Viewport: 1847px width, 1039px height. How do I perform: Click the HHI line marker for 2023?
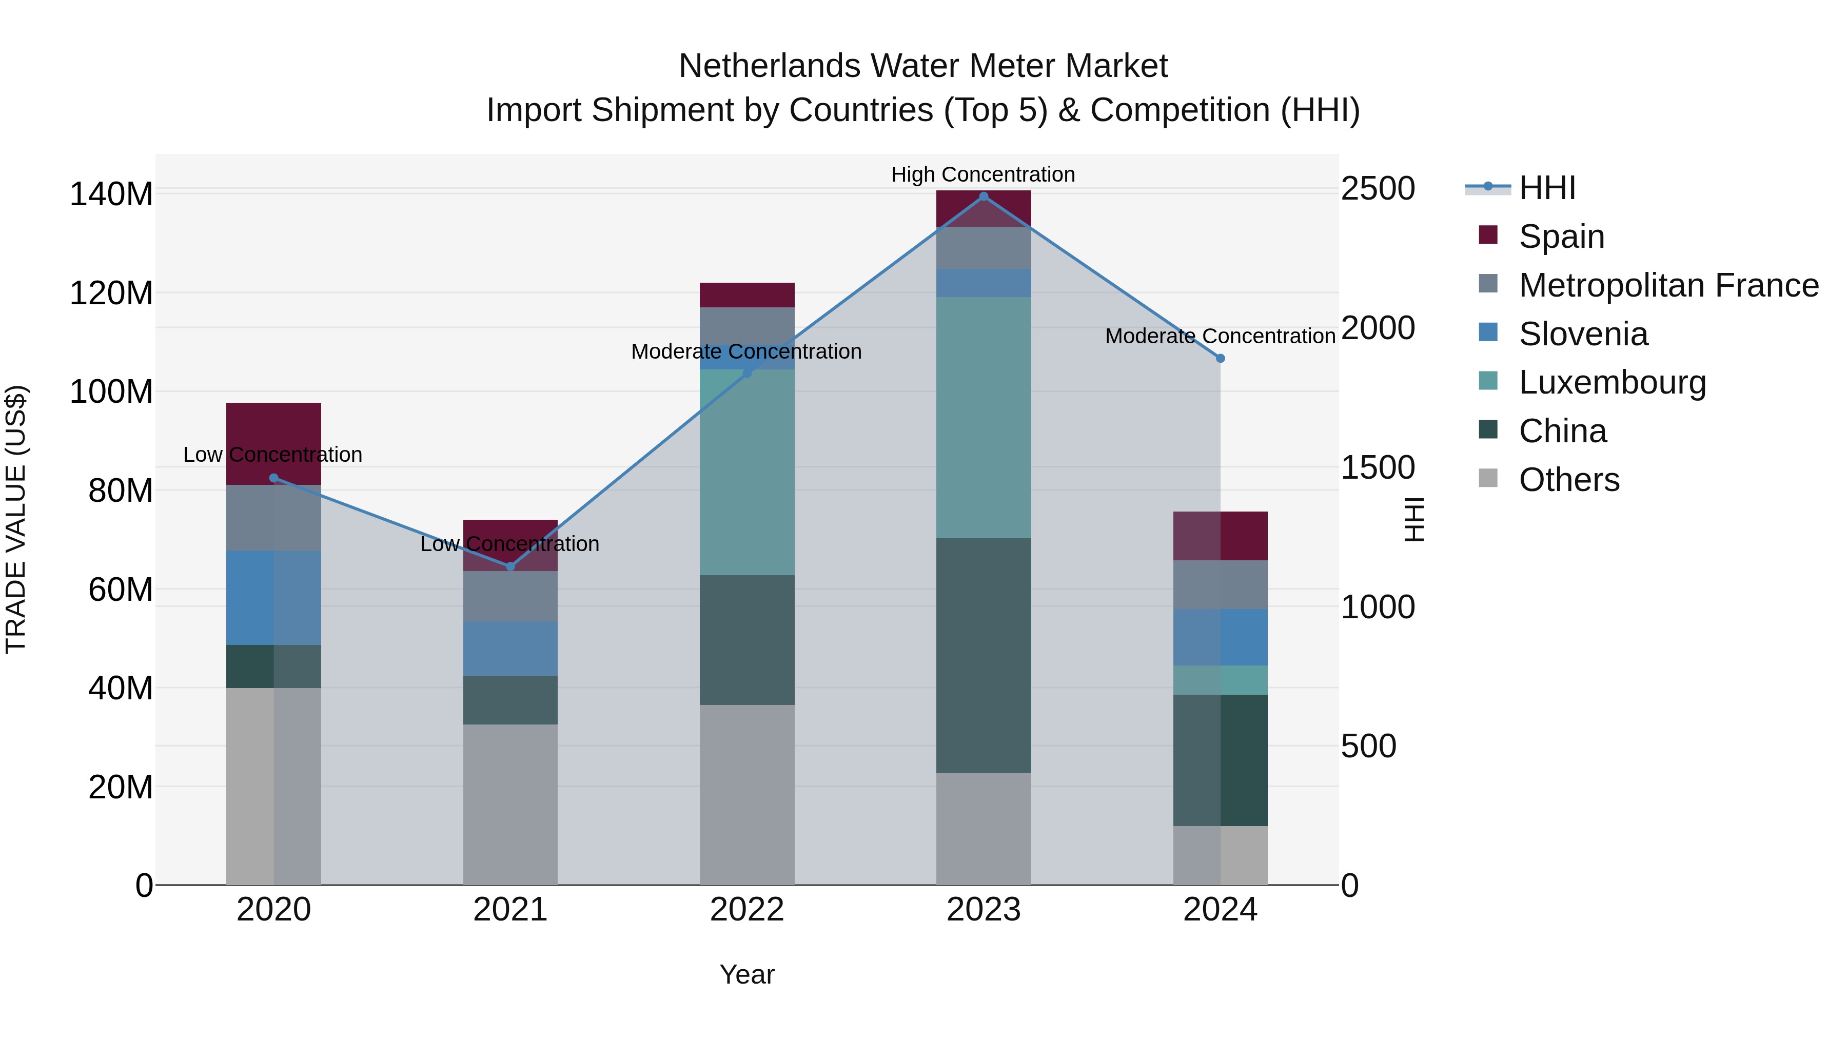point(984,197)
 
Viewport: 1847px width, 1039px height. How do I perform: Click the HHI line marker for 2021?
point(510,566)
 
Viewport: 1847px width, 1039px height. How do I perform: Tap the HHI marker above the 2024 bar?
point(1221,358)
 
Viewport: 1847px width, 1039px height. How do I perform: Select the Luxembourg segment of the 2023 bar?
point(984,417)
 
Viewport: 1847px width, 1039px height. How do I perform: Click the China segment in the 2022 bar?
point(747,640)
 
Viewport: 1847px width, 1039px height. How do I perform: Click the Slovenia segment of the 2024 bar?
point(1221,637)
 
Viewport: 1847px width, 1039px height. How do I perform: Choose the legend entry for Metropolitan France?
point(1668,285)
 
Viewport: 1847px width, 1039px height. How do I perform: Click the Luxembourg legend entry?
point(1612,382)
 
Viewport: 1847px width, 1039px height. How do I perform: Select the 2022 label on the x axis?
point(747,910)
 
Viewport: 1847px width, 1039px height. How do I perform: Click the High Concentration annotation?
point(983,174)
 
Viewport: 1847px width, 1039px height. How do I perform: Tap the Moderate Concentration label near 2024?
point(1221,336)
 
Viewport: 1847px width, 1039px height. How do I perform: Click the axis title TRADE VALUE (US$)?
point(16,519)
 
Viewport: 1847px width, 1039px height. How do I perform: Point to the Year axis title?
point(747,974)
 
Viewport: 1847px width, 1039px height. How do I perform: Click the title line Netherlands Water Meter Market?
point(923,66)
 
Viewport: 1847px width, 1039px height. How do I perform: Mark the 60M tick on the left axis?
point(121,590)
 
